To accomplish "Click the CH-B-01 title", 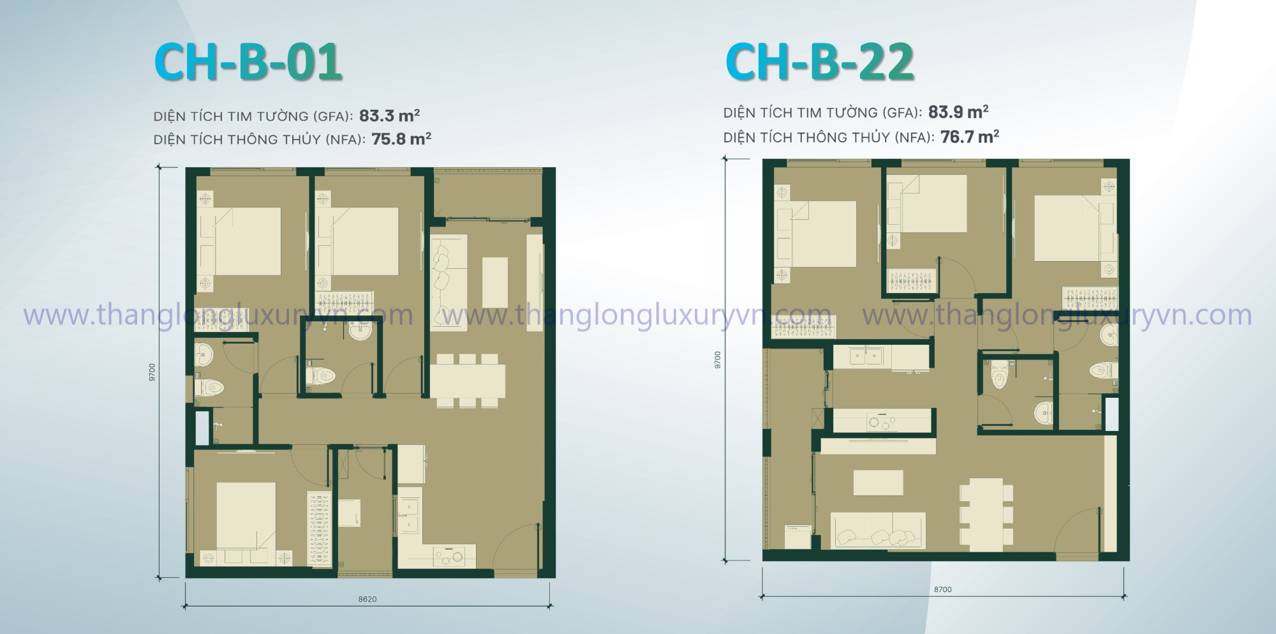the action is coord(248,62).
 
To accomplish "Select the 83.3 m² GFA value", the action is coord(389,116).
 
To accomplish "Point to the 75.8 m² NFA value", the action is coord(401,139).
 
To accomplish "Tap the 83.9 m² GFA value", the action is coord(958,112).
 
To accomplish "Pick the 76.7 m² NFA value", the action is coord(970,136).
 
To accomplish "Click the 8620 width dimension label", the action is coord(367,600).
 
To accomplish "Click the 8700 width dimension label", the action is coord(942,589).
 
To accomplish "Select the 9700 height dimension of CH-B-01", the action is coord(152,373).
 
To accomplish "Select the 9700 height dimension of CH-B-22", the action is coord(718,360).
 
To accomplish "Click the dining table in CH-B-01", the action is coord(468,381).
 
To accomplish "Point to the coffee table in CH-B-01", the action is coord(495,282).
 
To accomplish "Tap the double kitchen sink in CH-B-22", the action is coord(866,356).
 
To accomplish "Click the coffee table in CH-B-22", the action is coord(878,483).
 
